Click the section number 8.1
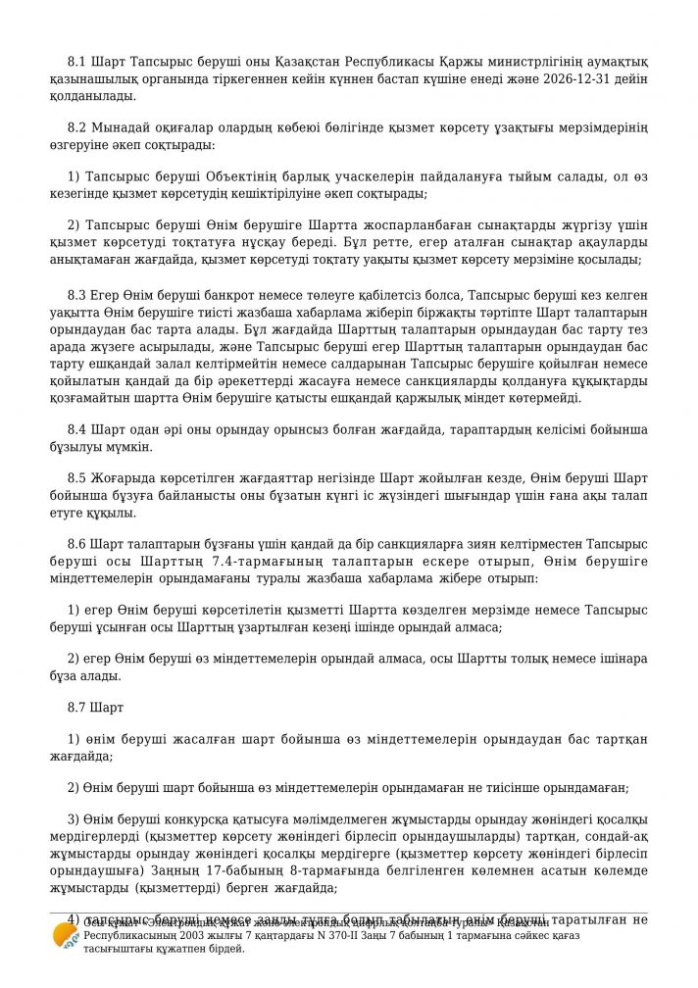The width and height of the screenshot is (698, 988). (x=76, y=62)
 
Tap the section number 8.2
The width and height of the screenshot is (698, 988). (x=76, y=128)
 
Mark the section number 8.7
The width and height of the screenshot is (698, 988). (x=76, y=706)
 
